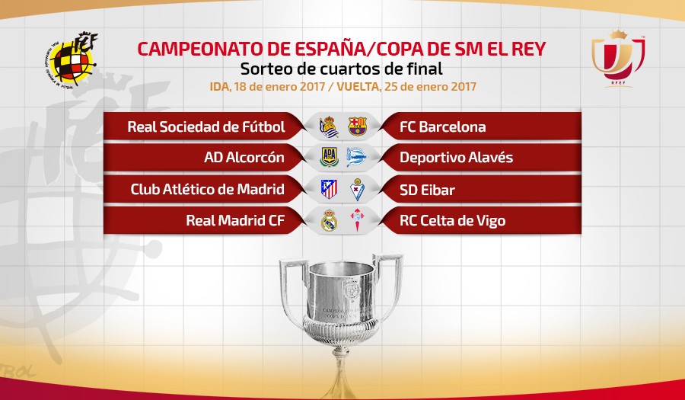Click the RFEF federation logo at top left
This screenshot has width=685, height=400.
tap(72, 59)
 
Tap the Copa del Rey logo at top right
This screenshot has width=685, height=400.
tap(618, 58)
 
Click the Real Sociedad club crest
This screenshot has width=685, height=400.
tap(329, 126)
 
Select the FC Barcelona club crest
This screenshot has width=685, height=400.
tap(358, 126)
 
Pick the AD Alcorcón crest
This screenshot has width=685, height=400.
tap(329, 157)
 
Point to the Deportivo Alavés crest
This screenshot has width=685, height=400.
tap(357, 157)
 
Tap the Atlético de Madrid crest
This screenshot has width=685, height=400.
tap(329, 189)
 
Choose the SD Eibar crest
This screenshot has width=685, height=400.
tap(358, 189)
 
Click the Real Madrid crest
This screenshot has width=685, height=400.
tap(329, 220)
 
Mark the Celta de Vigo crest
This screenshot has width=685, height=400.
tap(358, 220)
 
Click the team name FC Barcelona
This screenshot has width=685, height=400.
tap(442, 126)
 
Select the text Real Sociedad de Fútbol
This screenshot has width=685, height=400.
tap(206, 126)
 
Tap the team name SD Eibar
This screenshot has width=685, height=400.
tap(427, 190)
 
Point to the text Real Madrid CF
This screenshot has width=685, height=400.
tap(235, 220)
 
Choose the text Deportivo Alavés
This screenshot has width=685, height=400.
tap(456, 158)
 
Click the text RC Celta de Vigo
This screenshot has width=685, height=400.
tap(453, 221)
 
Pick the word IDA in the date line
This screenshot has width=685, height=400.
tap(220, 86)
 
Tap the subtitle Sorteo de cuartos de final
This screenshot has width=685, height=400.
tap(342, 69)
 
